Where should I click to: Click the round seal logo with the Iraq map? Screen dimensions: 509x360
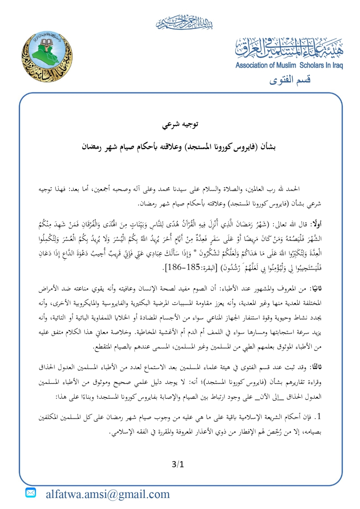tap(47, 56)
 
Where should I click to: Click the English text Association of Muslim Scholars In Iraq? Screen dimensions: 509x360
tap(289, 65)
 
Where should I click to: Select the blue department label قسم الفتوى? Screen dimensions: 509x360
tap(290, 80)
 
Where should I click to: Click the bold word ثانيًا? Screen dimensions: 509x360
tap(316, 289)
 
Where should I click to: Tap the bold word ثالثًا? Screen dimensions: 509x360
tap(315, 367)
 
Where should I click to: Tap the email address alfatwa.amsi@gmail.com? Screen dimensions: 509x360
tap(108, 494)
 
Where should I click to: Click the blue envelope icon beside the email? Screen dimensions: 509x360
tap(31, 493)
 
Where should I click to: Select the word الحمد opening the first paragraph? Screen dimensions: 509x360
tap(293, 189)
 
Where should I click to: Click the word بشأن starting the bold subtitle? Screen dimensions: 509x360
tap(268, 147)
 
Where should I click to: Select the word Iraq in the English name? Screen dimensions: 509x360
tap(337, 65)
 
